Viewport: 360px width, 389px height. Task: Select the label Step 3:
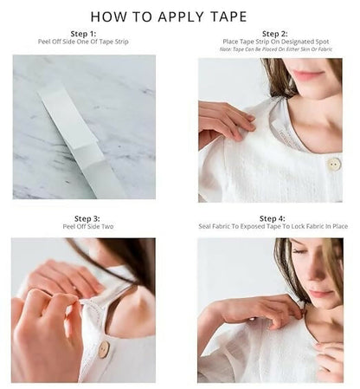pyautogui.click(x=83, y=219)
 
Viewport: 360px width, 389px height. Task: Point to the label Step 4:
pyautogui.click(x=272, y=219)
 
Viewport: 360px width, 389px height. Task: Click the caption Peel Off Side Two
pyautogui.click(x=83, y=227)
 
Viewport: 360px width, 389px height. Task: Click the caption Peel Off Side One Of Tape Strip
pyautogui.click(x=83, y=42)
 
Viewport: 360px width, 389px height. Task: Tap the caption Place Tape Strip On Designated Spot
pyautogui.click(x=272, y=42)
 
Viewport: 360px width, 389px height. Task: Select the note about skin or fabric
pyautogui.click(x=272, y=49)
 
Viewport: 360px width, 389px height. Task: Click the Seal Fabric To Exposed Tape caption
pyautogui.click(x=272, y=227)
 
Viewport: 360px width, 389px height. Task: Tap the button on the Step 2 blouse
pyautogui.click(x=333, y=164)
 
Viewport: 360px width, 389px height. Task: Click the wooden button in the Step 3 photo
pyautogui.click(x=103, y=349)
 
